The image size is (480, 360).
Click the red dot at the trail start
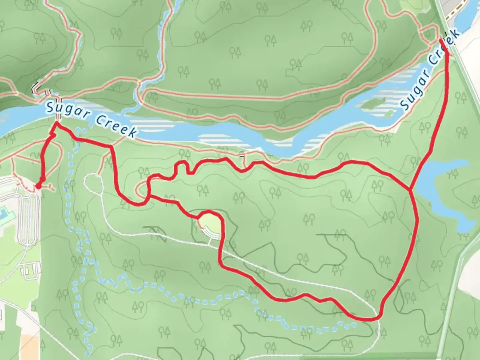point(39,186)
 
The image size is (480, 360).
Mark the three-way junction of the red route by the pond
point(410,190)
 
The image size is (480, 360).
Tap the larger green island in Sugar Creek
point(373,104)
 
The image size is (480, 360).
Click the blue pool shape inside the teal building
point(4,212)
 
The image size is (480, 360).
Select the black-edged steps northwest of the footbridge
point(36,89)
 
